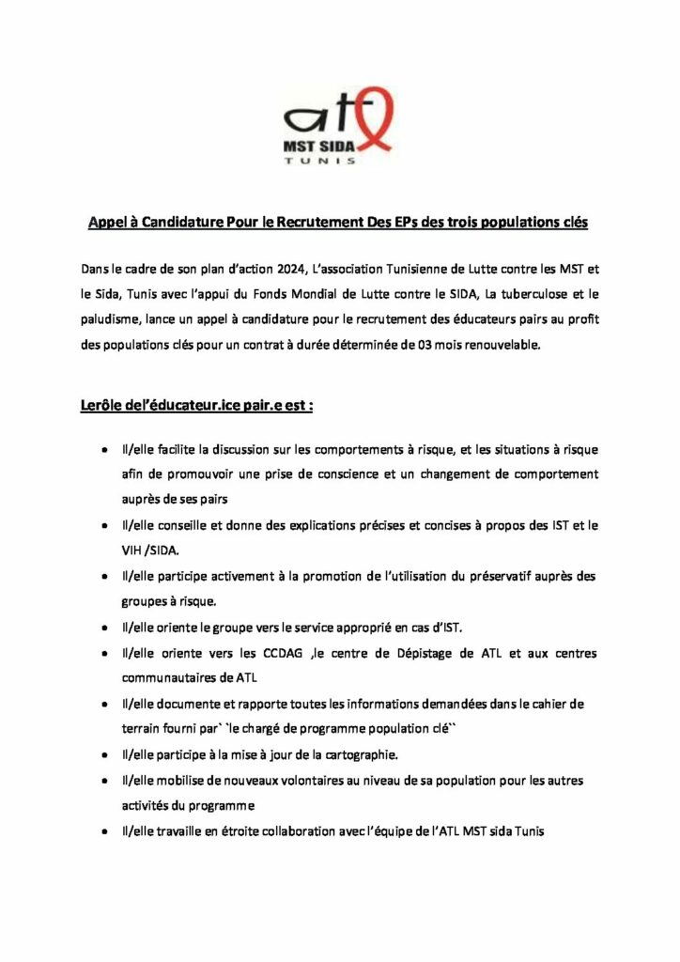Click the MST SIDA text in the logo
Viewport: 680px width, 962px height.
point(317,146)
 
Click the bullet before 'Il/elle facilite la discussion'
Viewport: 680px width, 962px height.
point(103,450)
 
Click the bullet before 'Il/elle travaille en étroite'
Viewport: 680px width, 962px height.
point(103,831)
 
